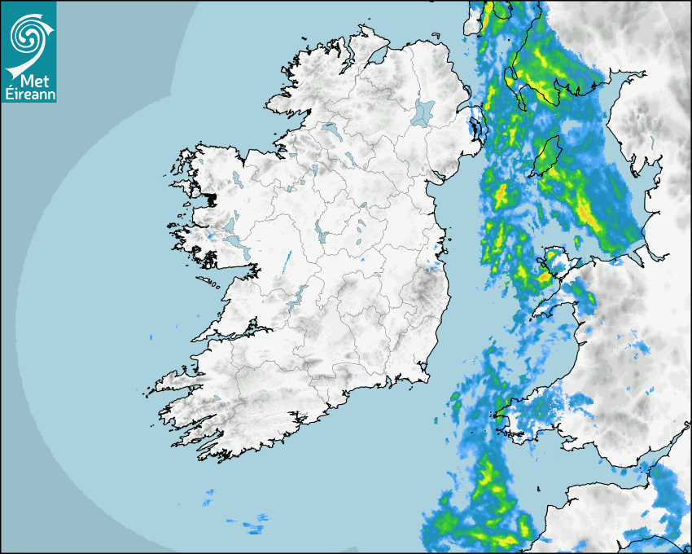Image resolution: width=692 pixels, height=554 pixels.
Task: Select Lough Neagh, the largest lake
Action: [424, 112]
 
